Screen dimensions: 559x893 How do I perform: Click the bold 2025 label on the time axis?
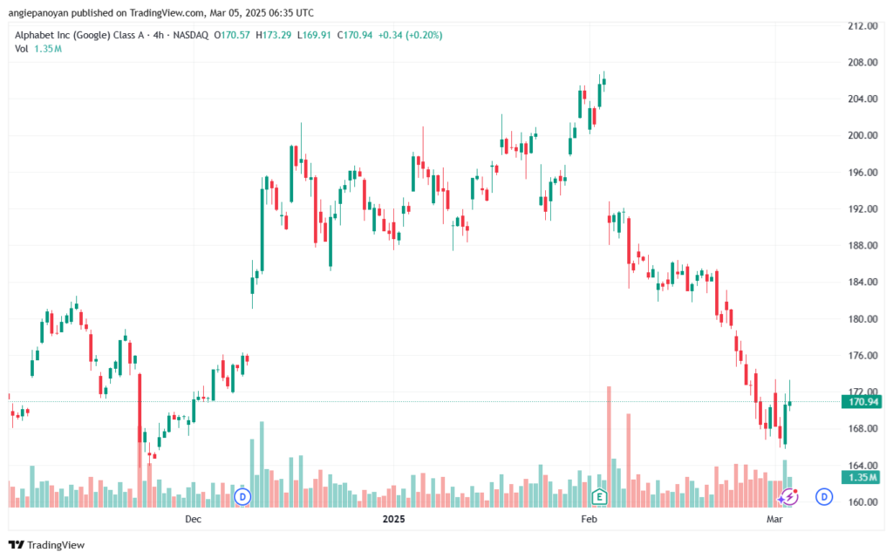[394, 520]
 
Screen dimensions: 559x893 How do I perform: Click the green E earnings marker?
[599, 497]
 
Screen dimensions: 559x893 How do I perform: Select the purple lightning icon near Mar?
[789, 497]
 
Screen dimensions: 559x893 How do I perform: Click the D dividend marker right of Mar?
[823, 497]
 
